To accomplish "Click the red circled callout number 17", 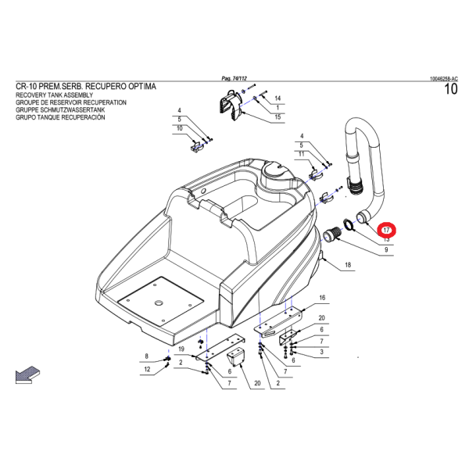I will point(388,231).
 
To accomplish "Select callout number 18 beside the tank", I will point(348,266).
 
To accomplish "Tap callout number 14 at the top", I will point(277,98).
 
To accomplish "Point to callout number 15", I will point(277,117).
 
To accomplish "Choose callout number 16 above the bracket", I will point(321,298).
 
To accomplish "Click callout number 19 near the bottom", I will point(181,349).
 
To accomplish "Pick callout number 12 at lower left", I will point(145,370).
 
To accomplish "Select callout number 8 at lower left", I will point(145,356).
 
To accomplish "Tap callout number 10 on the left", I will point(179,128).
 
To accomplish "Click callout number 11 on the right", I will point(301,154).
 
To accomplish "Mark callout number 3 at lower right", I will point(321,353).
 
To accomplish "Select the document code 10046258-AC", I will point(443,79).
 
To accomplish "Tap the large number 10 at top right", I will point(449,90).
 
